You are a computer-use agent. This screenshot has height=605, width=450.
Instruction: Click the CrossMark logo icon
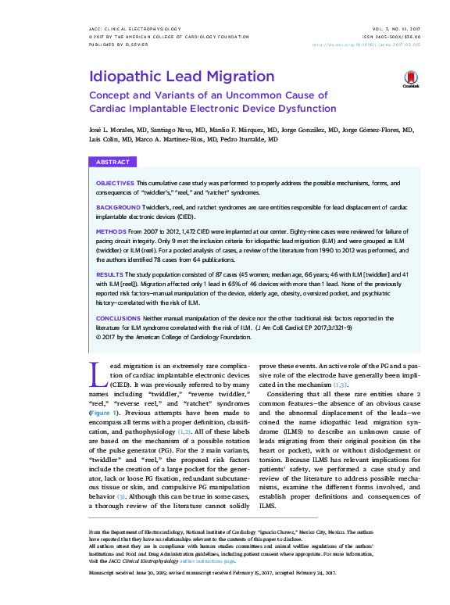[411, 78]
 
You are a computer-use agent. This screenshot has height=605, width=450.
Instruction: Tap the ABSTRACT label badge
[112, 162]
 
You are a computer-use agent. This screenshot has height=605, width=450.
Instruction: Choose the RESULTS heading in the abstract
[109, 275]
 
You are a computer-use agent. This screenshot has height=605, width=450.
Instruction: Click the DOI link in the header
[377, 45]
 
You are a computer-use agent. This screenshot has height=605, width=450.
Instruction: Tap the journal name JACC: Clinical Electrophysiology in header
[130, 29]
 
